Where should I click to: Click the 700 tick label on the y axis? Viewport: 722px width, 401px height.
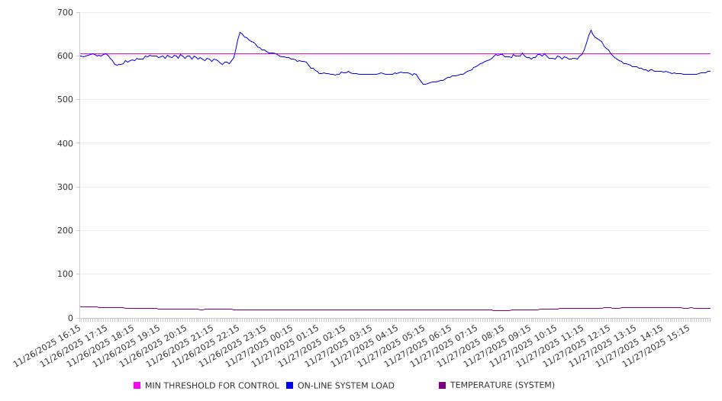[x=65, y=13]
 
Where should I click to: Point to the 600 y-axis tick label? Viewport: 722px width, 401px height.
[x=65, y=56]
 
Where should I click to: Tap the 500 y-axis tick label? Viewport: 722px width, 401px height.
[x=65, y=100]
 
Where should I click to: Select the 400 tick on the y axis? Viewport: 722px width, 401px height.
[x=65, y=143]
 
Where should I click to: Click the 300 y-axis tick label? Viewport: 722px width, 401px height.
[x=65, y=187]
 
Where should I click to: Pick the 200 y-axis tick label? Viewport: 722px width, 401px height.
[x=65, y=231]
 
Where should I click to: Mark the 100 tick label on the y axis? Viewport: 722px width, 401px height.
[x=65, y=274]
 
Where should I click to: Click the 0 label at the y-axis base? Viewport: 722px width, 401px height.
[x=71, y=318]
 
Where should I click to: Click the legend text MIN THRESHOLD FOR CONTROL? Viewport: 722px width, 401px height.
[x=211, y=386]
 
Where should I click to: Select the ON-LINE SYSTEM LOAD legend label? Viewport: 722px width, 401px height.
[x=346, y=386]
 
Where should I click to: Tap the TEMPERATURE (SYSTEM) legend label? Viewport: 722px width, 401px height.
[x=502, y=386]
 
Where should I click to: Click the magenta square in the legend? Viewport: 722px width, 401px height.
[x=137, y=386]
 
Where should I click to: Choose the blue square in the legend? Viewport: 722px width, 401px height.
[x=290, y=386]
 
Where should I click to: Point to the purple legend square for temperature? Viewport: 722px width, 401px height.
[x=443, y=386]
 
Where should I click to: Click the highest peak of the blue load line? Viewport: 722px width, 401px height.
[x=591, y=30]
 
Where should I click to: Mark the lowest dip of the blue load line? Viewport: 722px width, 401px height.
[x=424, y=84]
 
